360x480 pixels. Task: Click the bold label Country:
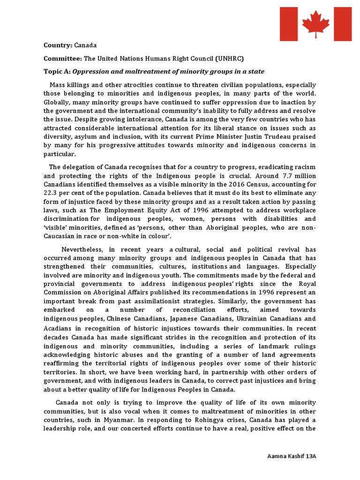coord(58,45)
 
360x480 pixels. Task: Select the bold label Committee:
coord(63,58)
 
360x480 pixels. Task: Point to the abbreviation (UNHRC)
coord(230,58)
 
